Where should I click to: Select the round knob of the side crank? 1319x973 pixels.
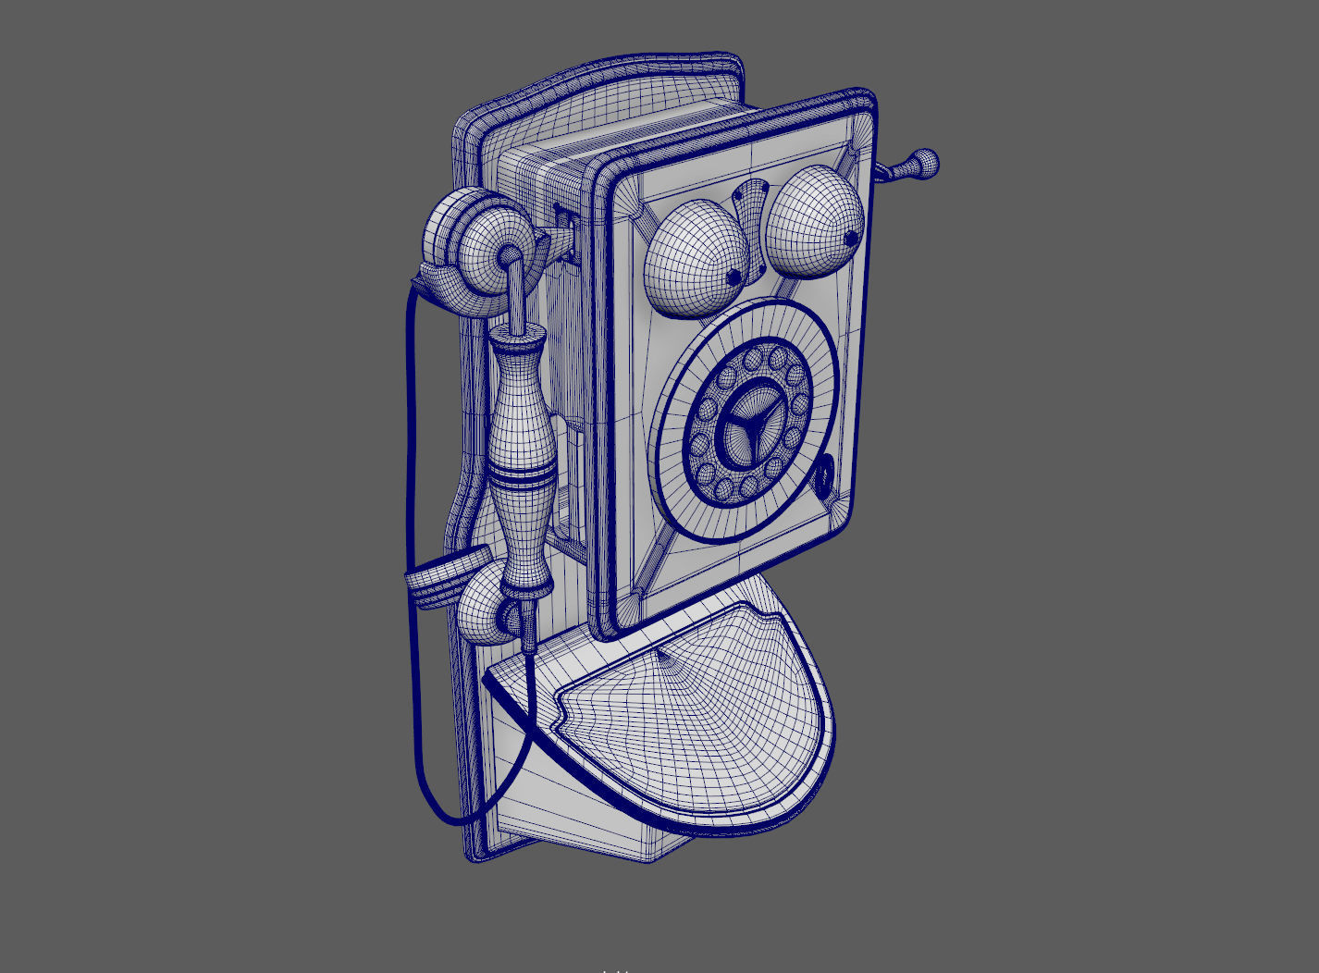[924, 164]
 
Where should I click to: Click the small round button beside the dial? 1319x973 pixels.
[823, 475]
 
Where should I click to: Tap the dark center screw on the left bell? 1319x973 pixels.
[733, 277]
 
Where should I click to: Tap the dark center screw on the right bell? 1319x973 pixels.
[850, 240]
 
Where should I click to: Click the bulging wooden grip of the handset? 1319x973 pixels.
[523, 425]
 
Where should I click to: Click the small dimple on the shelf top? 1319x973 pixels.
[661, 656]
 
